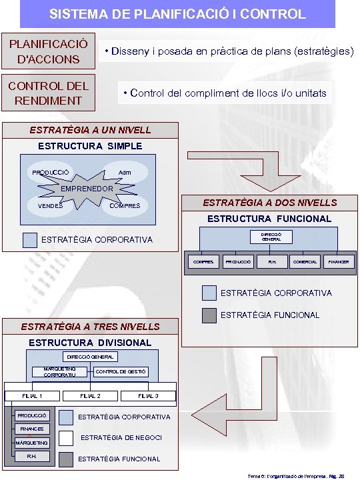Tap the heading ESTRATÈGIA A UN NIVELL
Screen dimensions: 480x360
90,130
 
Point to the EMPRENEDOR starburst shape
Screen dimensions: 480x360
87,188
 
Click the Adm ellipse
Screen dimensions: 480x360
125,173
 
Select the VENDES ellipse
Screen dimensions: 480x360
51,205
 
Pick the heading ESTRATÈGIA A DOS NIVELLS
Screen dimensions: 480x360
270,203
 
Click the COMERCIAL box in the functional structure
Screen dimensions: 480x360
305,262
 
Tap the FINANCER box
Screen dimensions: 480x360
338,262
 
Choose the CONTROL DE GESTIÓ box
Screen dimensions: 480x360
121,371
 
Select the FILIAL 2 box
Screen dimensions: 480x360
90,396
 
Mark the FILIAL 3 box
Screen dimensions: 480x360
148,396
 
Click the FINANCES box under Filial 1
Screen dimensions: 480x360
32,429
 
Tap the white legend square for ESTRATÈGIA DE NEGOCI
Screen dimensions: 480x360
66,438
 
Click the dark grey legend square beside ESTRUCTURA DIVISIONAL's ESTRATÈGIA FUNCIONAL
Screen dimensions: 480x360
66,459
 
